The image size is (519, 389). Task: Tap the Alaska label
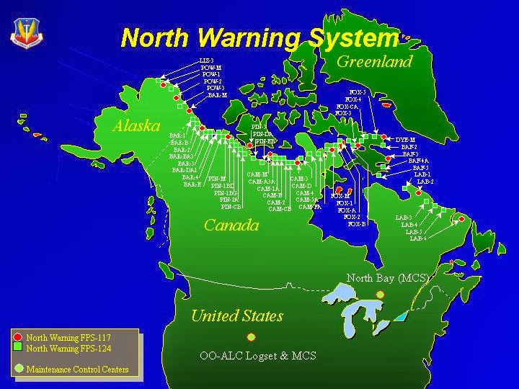click(x=136, y=125)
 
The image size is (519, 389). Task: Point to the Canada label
click(x=231, y=225)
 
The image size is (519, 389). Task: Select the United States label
click(x=236, y=316)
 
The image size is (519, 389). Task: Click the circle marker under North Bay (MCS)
click(x=381, y=294)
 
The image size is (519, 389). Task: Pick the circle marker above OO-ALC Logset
click(x=251, y=336)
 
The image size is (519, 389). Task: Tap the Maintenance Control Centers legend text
click(x=77, y=370)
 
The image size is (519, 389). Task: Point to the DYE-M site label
click(x=406, y=139)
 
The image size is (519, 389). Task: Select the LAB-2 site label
click(x=425, y=182)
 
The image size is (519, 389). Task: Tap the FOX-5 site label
click(x=358, y=92)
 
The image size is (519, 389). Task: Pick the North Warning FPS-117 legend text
click(x=68, y=336)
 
